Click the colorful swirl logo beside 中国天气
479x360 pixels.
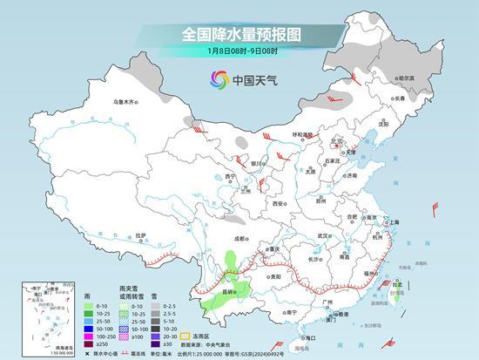coord(218,80)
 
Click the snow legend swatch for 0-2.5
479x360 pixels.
coord(152,306)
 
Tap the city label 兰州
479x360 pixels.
coord(246,192)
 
